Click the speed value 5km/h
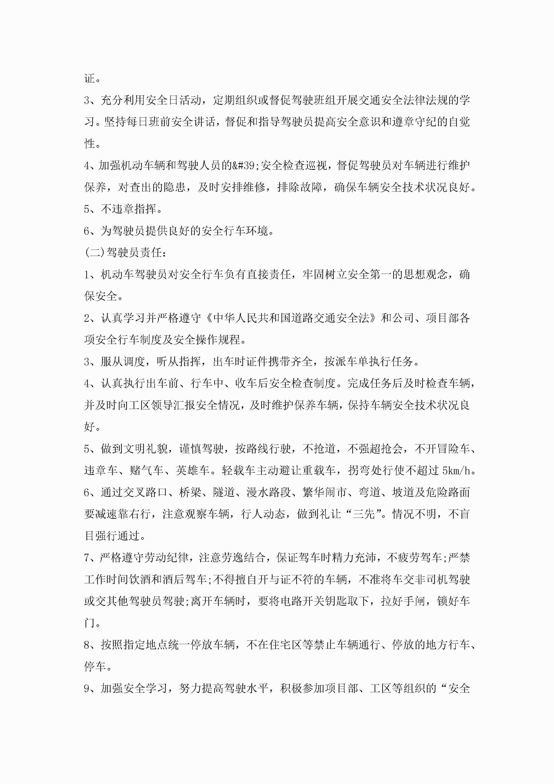(456, 471)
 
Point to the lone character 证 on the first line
(89, 78)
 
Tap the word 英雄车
(192, 471)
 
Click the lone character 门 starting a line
(89, 623)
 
